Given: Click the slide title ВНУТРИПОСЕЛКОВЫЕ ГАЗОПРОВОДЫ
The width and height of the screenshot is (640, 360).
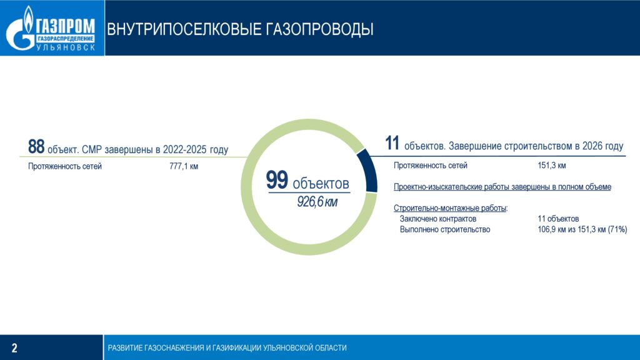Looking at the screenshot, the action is click(240, 29).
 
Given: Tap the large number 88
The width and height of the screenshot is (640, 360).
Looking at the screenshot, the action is click(36, 146).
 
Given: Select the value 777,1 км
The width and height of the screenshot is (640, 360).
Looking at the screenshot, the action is click(184, 166).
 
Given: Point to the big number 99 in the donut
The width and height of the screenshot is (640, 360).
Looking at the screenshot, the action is click(277, 180).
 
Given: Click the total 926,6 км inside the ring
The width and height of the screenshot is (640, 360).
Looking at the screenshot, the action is click(317, 201).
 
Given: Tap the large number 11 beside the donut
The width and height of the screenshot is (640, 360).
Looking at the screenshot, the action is click(392, 143).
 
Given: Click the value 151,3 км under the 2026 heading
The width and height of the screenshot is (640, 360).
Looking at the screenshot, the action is click(552, 165).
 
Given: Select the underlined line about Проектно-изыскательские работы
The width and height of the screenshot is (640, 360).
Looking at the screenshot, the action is click(502, 187).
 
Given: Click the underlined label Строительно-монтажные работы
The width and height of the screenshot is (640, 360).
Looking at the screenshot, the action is click(450, 208).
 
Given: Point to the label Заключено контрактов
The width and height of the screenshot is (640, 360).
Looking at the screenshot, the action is click(438, 219).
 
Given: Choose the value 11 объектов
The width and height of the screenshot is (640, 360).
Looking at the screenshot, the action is click(558, 219).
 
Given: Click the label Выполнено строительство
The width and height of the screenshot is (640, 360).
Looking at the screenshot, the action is click(445, 229).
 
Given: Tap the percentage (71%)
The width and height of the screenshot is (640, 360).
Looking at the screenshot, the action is click(617, 229).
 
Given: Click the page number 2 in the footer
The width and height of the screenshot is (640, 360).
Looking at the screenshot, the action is click(15, 347).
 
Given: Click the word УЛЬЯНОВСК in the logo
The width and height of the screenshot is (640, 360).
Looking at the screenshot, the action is click(66, 47).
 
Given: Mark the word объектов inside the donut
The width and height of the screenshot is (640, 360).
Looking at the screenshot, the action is click(321, 184).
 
